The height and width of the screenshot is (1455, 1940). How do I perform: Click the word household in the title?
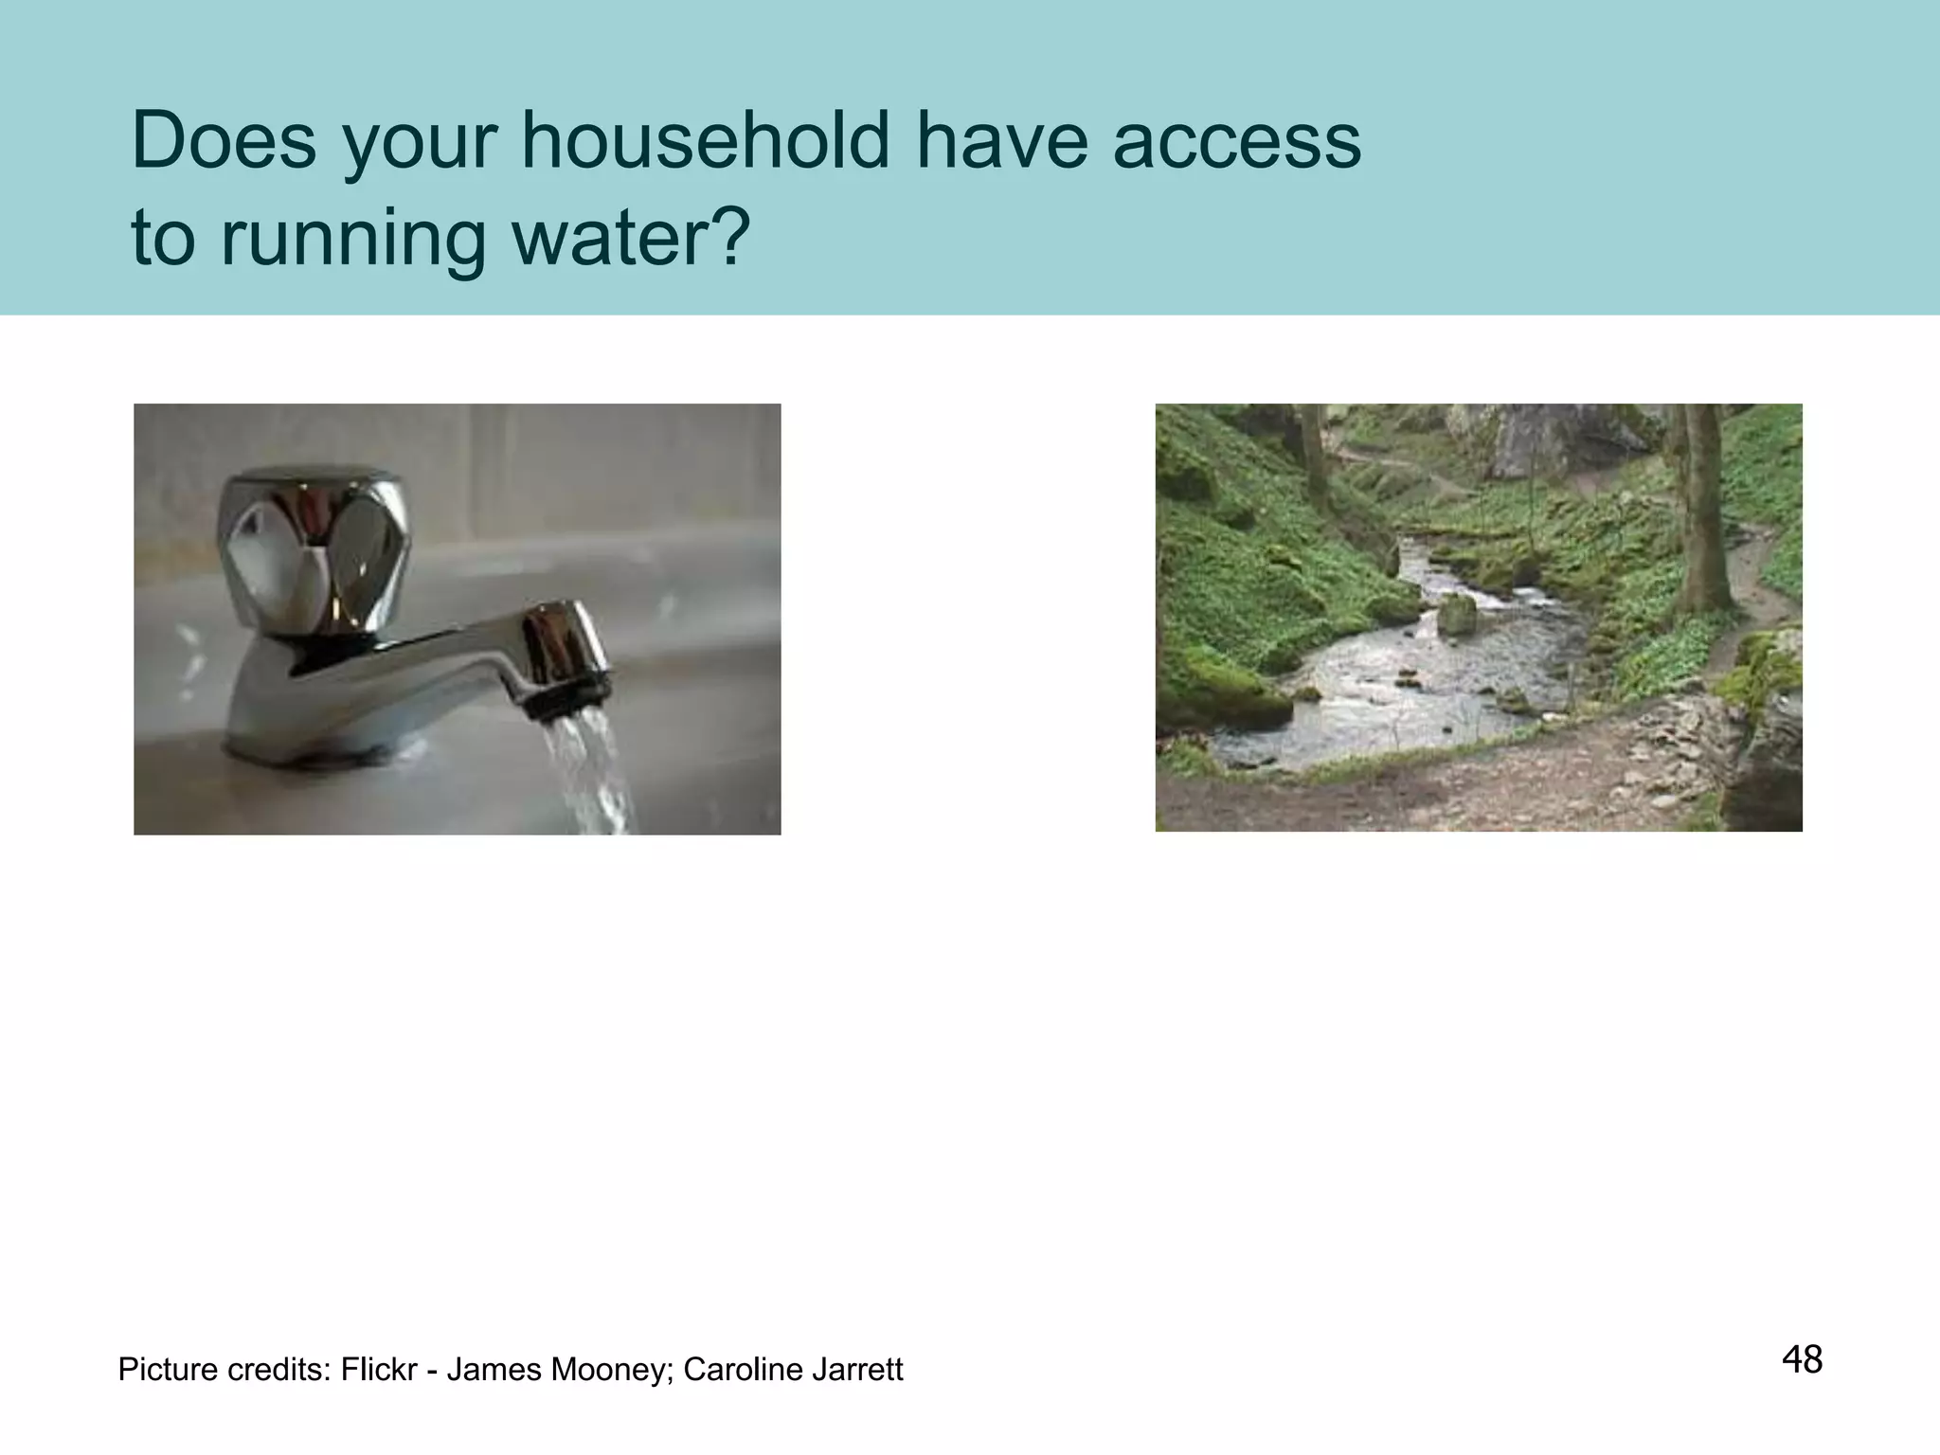(x=705, y=142)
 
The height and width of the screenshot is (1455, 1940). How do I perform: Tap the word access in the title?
(x=1236, y=142)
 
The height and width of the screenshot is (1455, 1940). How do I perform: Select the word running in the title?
(x=354, y=239)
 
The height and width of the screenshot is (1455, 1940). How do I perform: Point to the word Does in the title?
(x=225, y=142)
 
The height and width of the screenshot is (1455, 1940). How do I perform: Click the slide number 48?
(x=1802, y=1359)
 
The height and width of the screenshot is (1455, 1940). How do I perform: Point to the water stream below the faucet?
(x=592, y=772)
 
